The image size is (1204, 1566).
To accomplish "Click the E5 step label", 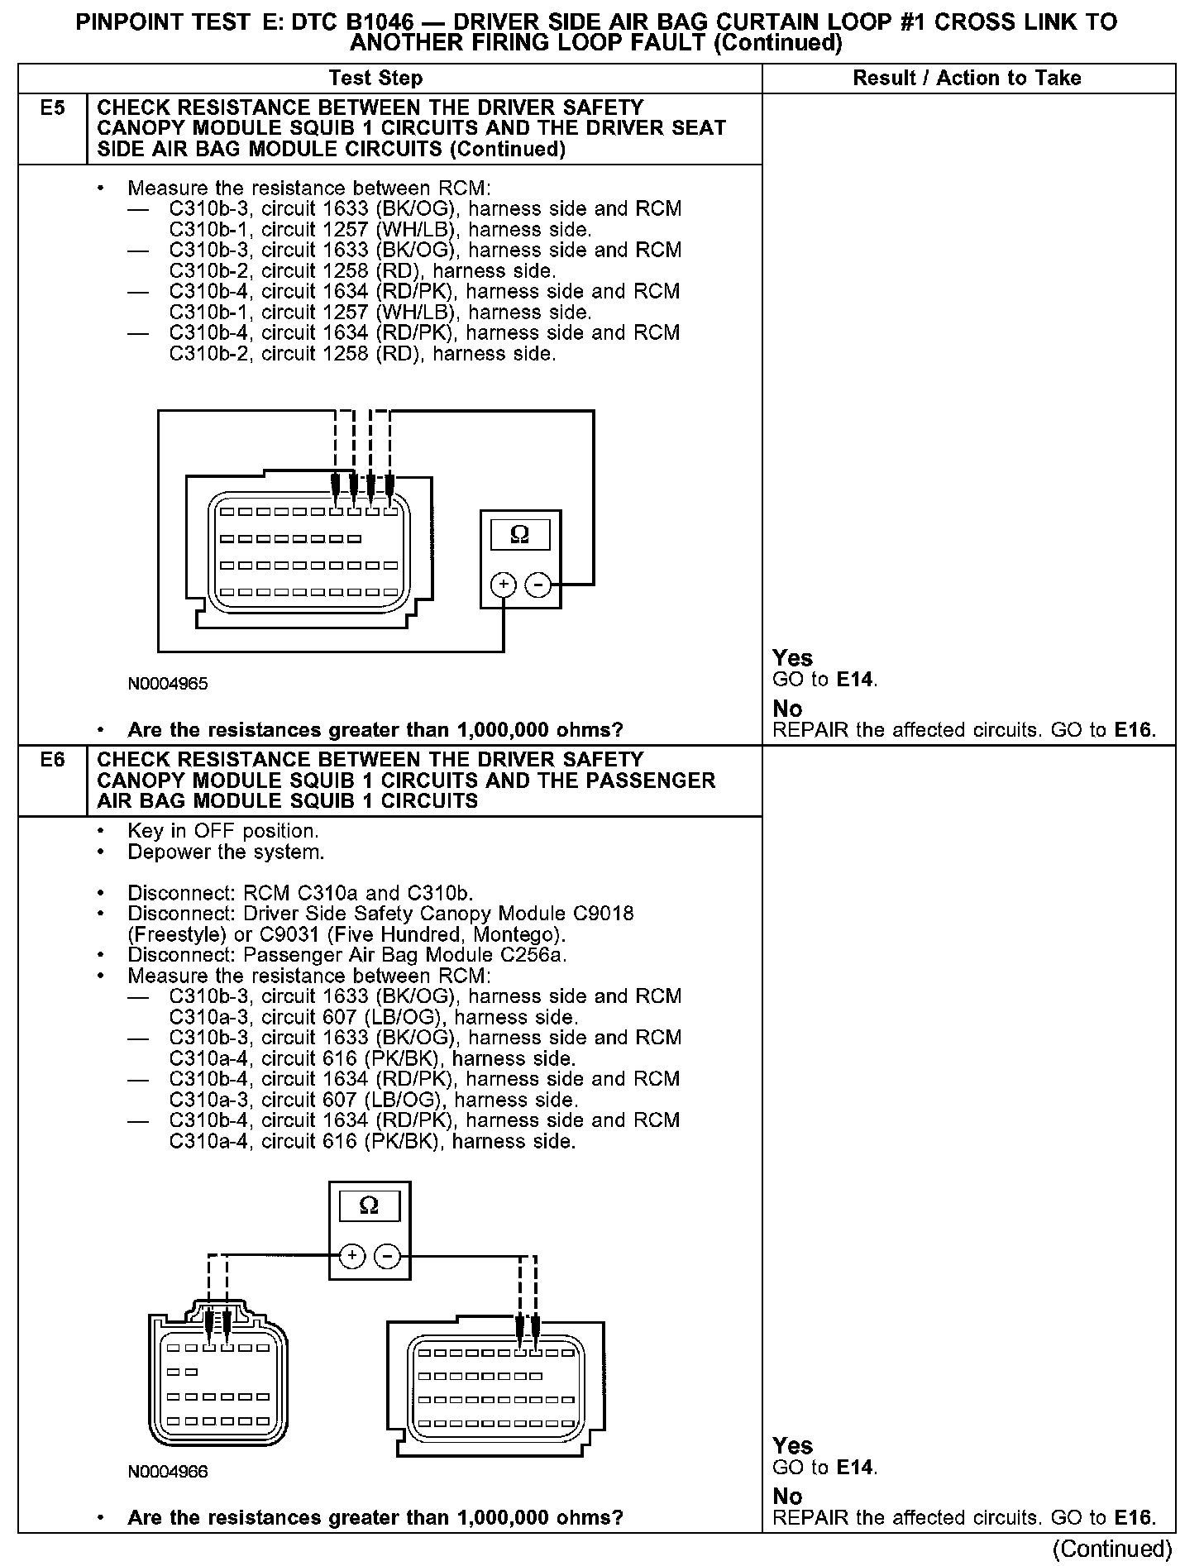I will coord(52,108).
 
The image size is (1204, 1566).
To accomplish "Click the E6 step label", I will coord(52,759).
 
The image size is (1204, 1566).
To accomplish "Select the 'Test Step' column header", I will coord(375,79).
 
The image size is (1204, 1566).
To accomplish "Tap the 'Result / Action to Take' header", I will coord(967,79).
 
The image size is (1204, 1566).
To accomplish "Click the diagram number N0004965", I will coord(168,684).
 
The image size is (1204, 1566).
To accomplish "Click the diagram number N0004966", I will coord(168,1472).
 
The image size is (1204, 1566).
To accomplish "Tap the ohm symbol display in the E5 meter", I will coord(519,535).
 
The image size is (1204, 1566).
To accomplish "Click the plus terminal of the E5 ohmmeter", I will coord(503,585).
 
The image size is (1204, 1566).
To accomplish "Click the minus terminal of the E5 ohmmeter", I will coord(538,585).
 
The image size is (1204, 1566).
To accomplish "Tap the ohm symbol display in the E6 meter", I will coord(369,1206).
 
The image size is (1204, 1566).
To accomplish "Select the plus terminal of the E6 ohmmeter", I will coord(352,1256).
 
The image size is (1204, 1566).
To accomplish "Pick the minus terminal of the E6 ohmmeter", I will coord(387,1256).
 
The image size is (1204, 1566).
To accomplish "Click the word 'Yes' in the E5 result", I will coord(792,658).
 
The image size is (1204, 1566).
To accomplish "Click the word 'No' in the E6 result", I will coord(787,1497).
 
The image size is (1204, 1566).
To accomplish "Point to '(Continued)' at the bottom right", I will coord(1112,1548).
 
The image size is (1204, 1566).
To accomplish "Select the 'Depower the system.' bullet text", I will coord(226,852).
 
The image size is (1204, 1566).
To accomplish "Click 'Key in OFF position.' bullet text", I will coord(222,831).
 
